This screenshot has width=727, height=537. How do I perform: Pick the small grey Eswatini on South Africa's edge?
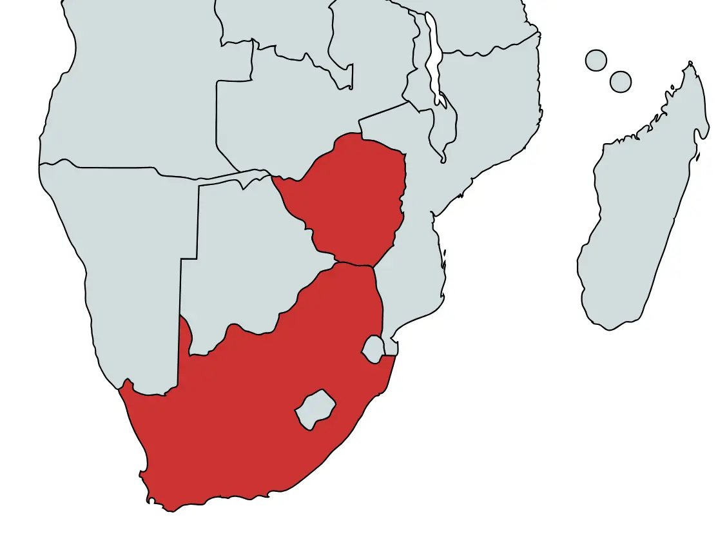373,349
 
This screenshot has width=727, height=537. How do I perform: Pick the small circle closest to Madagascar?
620,82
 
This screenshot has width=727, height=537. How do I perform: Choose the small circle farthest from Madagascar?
596,60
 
